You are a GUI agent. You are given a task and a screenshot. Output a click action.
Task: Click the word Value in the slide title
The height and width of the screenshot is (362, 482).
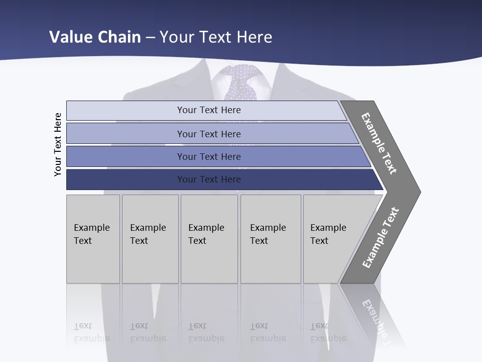(x=69, y=37)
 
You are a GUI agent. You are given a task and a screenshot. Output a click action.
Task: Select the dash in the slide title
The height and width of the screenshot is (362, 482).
(x=150, y=37)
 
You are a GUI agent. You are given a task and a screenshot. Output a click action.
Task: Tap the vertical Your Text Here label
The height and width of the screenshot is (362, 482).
(x=58, y=144)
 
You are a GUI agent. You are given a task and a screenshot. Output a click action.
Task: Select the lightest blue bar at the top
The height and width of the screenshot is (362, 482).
(x=209, y=110)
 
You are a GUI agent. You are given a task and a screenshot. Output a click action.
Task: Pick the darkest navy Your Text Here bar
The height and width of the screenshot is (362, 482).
(x=209, y=179)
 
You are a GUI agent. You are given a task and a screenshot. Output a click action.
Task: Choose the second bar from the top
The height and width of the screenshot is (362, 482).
(x=209, y=134)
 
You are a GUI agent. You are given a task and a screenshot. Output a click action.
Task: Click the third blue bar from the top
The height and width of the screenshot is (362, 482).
(x=209, y=156)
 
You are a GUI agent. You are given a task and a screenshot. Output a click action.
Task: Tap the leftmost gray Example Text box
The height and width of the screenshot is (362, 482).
(x=93, y=239)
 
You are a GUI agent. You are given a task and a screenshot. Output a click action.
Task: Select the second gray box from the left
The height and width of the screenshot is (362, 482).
(x=150, y=239)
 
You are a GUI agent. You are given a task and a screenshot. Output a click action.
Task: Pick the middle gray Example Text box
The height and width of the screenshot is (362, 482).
(x=209, y=239)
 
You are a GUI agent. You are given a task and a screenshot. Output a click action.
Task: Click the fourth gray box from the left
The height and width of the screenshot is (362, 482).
(x=271, y=239)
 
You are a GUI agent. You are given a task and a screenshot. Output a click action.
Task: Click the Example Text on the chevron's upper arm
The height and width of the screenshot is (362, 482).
(x=380, y=143)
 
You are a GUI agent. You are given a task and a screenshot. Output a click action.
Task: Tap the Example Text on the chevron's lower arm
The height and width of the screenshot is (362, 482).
(x=381, y=237)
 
